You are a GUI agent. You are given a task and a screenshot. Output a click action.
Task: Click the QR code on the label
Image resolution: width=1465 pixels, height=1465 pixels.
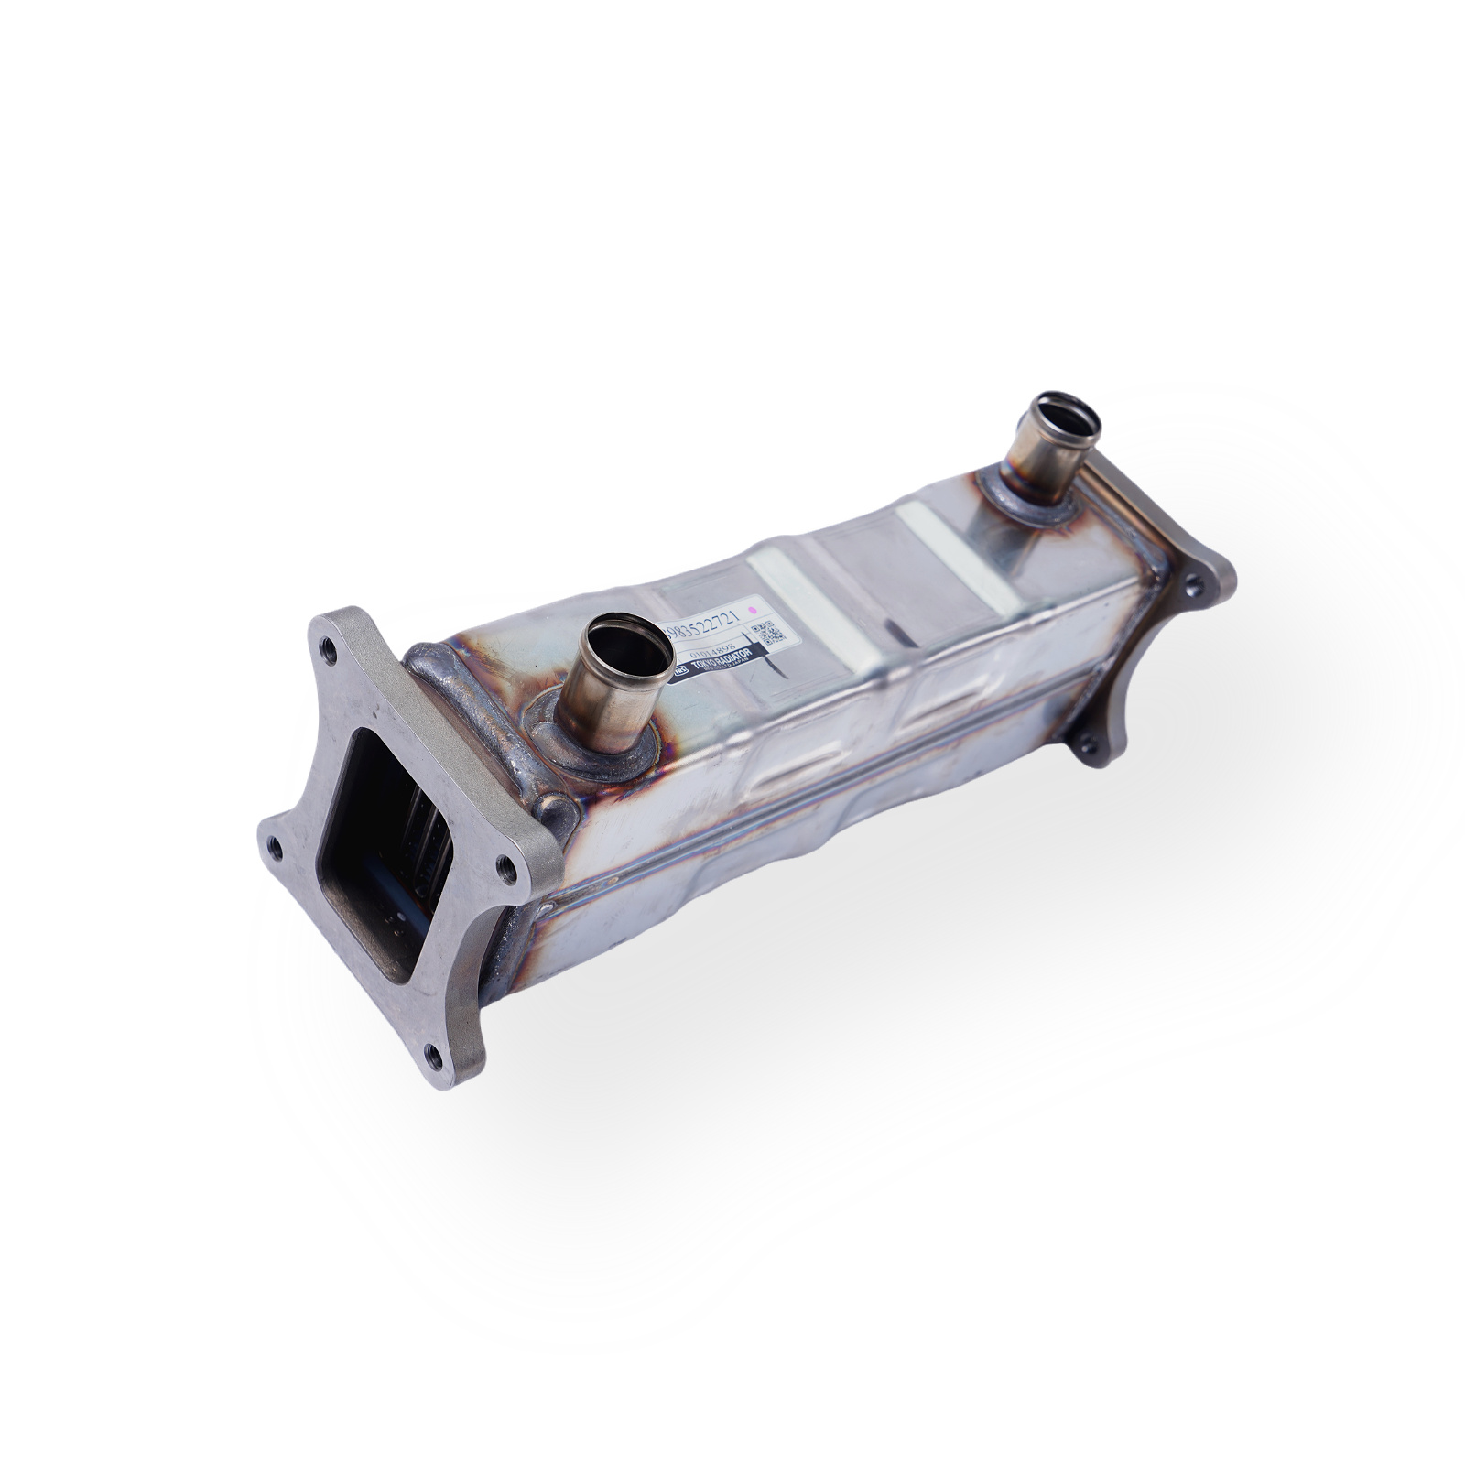click(x=767, y=633)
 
